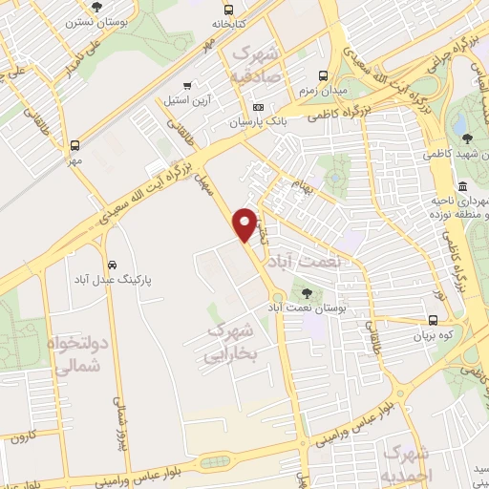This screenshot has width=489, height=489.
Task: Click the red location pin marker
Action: point(245,223)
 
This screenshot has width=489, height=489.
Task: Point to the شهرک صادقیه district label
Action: point(255,63)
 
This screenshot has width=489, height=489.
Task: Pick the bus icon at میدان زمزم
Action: point(323,75)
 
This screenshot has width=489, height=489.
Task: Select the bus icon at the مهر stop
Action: point(74,146)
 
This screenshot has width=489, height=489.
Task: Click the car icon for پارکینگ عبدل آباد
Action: point(113,264)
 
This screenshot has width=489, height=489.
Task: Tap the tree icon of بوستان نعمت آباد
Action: point(306,293)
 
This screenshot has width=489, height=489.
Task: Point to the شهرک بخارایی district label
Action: point(230,343)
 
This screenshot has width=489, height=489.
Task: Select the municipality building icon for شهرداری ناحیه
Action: point(463,186)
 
